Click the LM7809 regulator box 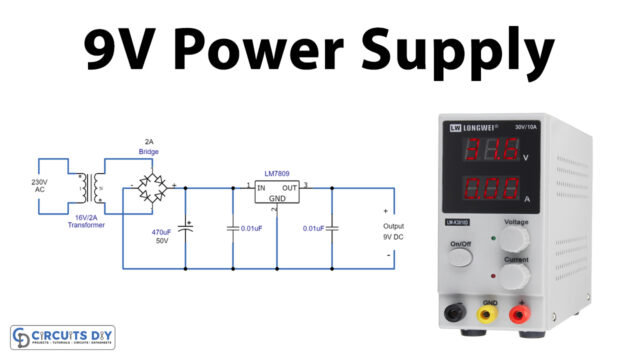(277, 194)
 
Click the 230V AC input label (41, 187)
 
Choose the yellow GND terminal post (487, 315)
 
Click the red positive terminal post (519, 315)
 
